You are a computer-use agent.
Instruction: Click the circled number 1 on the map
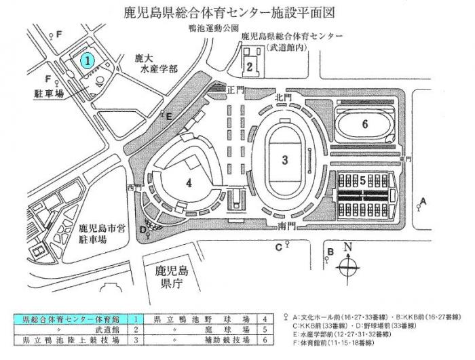(88, 60)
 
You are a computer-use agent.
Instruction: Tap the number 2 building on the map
(250, 66)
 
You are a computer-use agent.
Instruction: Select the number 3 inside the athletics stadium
(286, 159)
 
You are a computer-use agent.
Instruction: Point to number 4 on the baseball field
(189, 181)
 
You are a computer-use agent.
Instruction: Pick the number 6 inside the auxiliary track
(364, 124)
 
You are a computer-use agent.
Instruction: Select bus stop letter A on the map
(423, 201)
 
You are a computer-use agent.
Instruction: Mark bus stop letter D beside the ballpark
(142, 229)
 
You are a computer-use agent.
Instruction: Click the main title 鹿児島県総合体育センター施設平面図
(237, 12)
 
